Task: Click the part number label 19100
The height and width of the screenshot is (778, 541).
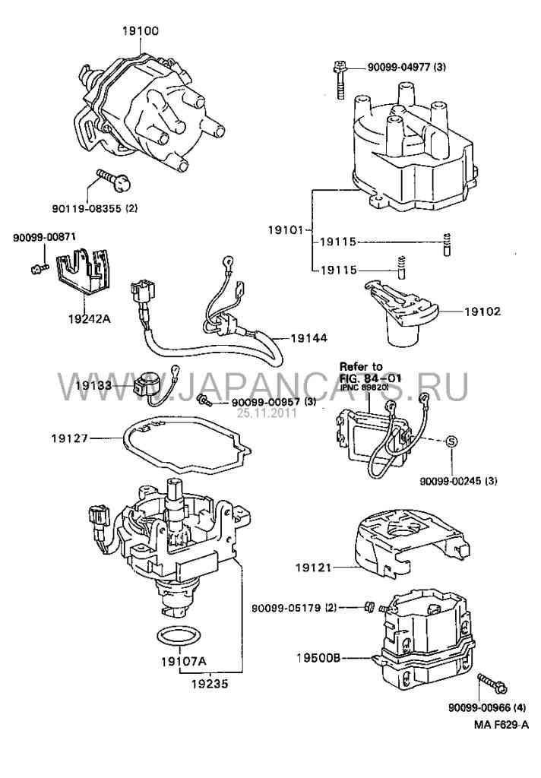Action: tap(141, 32)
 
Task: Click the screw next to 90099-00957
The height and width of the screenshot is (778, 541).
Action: tap(203, 400)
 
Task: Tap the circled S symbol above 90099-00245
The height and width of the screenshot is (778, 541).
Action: tap(450, 441)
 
